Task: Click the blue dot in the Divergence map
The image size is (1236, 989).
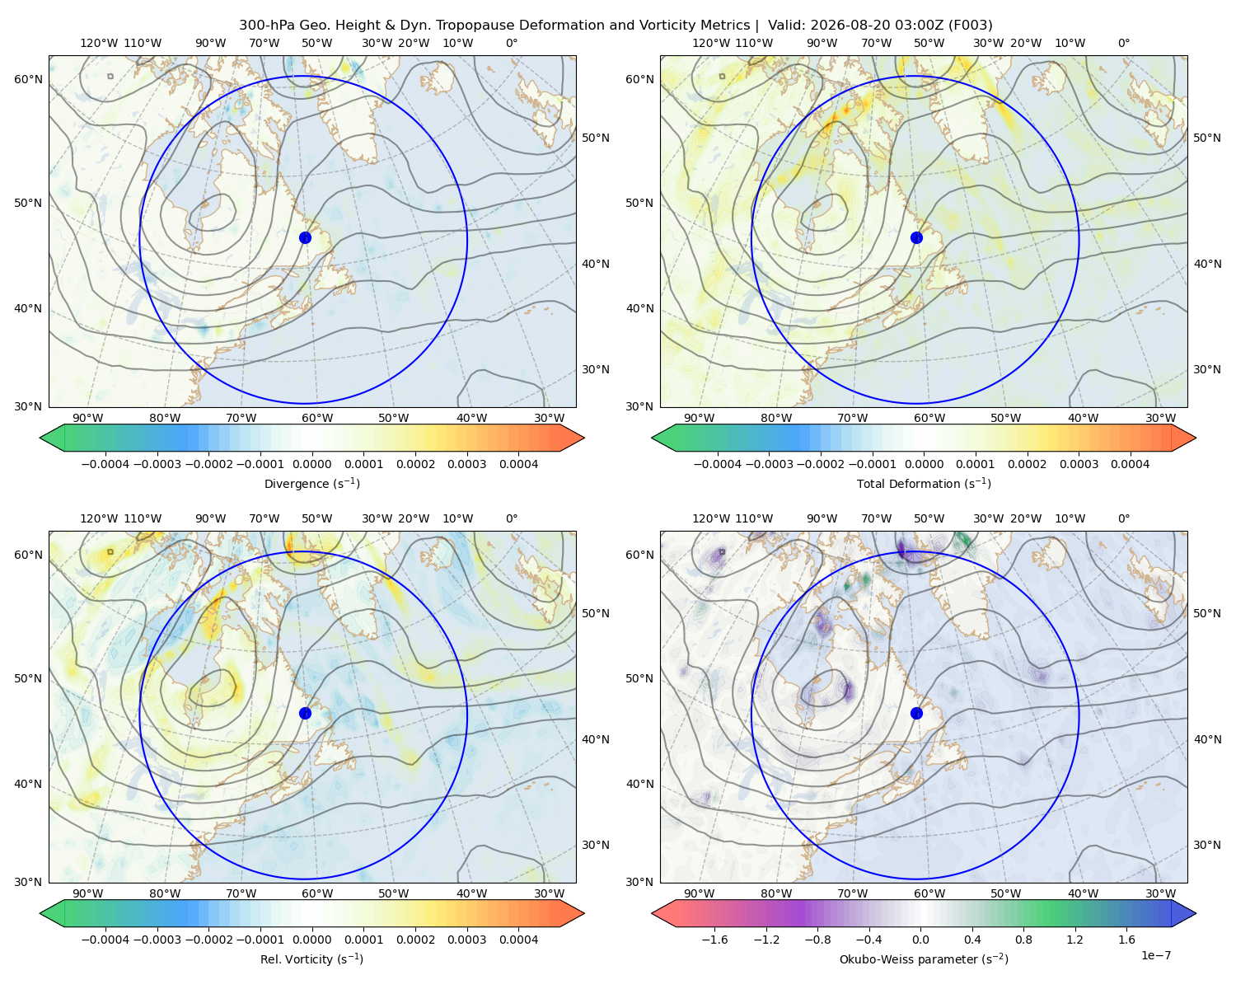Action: pos(305,237)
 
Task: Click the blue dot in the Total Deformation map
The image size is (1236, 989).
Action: pos(916,237)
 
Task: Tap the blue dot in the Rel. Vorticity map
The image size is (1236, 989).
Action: pos(305,713)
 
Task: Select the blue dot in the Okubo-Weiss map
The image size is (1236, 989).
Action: pos(916,713)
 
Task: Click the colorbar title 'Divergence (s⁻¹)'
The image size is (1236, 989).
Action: pos(311,483)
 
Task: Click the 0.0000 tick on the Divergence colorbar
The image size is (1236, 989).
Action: pos(311,464)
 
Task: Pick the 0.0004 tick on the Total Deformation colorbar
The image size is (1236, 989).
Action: pos(1130,464)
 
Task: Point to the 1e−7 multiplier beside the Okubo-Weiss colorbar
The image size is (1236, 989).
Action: pos(1155,955)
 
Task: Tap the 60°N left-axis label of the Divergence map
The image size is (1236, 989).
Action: pos(28,79)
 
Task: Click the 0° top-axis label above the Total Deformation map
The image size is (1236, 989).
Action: pos(1123,43)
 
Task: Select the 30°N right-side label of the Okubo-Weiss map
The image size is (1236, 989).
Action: pos(1206,844)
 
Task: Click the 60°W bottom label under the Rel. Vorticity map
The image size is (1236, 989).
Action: pos(317,893)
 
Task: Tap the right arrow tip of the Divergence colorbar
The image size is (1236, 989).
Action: pos(583,438)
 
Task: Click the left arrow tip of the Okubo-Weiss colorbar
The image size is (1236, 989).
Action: pos(652,913)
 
